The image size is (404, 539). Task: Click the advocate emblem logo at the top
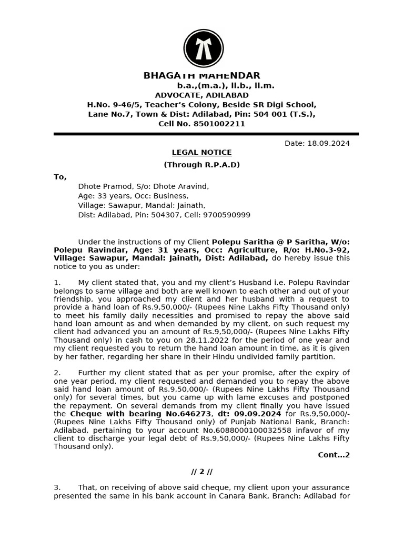point(204,48)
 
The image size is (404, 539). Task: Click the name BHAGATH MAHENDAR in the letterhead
point(201,76)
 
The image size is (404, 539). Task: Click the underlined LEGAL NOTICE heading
point(201,153)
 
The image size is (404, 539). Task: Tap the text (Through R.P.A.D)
point(201,165)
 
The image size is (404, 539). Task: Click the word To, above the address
point(60,177)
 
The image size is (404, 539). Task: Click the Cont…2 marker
point(334,455)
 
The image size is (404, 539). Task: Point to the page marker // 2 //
point(201,472)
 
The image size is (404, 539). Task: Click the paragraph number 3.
point(57,488)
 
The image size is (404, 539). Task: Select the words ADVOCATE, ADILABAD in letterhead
point(201,95)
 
